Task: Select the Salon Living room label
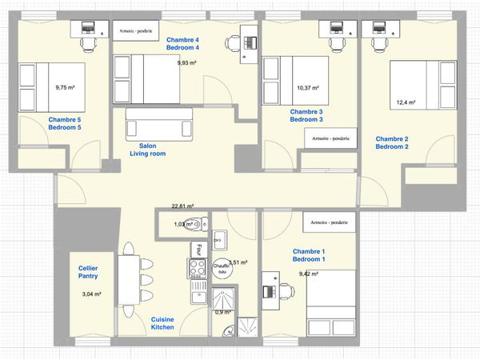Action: (147, 150)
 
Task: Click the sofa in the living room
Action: (159, 126)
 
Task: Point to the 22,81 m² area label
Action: (184, 206)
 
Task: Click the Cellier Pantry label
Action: (88, 272)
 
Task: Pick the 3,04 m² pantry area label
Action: (93, 294)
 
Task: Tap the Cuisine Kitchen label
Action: (163, 324)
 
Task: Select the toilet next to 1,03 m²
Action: (202, 224)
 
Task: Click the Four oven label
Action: (192, 250)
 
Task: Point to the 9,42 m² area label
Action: (309, 274)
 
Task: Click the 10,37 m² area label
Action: (307, 88)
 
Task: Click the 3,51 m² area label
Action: (238, 262)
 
